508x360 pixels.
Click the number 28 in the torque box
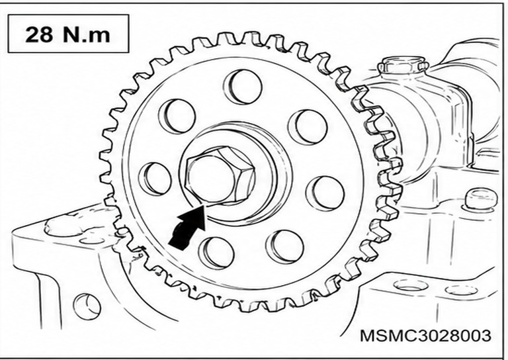click(x=39, y=34)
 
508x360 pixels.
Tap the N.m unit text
click(x=87, y=34)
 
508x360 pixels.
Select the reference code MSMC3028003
click(x=425, y=336)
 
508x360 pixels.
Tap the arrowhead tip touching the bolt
click(x=204, y=205)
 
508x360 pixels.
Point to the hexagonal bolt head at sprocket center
click(x=219, y=177)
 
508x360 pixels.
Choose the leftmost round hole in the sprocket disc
click(x=155, y=179)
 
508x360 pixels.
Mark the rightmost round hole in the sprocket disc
click(x=325, y=194)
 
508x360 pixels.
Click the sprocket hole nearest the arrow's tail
click(x=216, y=253)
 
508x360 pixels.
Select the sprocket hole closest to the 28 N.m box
click(x=177, y=116)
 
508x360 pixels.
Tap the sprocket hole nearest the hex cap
click(x=308, y=127)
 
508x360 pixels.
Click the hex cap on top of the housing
click(x=403, y=65)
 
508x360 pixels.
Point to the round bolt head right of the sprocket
click(x=481, y=199)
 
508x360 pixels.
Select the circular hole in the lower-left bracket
click(x=86, y=306)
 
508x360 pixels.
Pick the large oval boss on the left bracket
click(x=65, y=225)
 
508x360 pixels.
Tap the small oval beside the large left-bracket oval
click(x=93, y=240)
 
